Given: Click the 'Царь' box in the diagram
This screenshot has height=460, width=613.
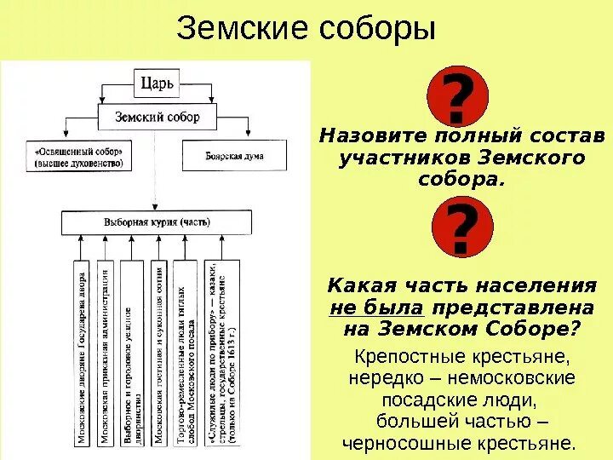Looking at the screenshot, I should (x=156, y=84).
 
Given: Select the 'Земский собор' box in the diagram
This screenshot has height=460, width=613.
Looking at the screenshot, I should (x=157, y=117).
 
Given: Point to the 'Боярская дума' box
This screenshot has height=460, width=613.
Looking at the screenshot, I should (x=234, y=156).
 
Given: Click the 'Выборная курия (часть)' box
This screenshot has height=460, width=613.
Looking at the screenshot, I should (x=157, y=221).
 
